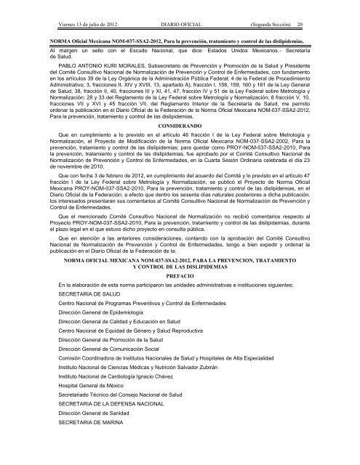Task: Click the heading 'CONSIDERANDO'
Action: point(180,125)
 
